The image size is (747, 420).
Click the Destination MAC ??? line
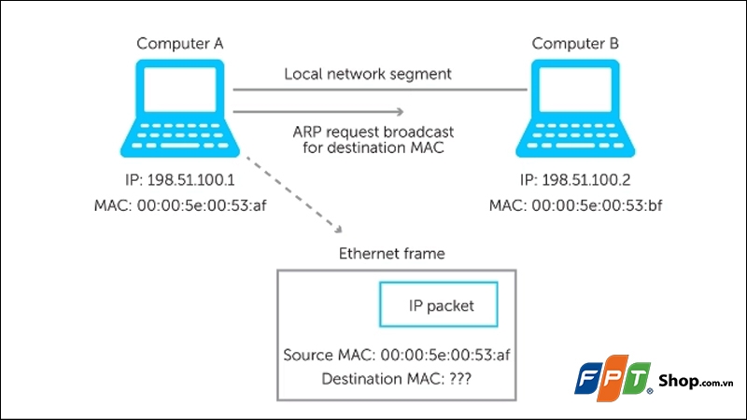(396, 380)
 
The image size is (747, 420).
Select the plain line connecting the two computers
(373, 91)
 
